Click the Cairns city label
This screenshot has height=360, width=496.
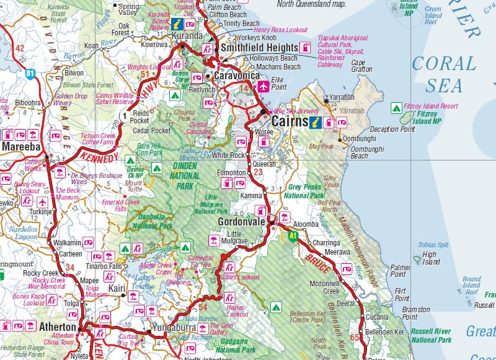pos(289,121)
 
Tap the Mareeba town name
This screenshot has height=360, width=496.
pos(22,147)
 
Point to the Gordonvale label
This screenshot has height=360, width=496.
pos(241,222)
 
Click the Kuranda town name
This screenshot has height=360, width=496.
pos(187,37)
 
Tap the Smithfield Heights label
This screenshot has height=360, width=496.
pos(259,46)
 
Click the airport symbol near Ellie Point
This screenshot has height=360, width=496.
pos(263,86)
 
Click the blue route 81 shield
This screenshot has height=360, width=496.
pos(30,74)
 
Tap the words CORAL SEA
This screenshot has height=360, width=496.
pos(444,73)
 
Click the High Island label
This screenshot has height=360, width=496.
pos(430,258)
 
